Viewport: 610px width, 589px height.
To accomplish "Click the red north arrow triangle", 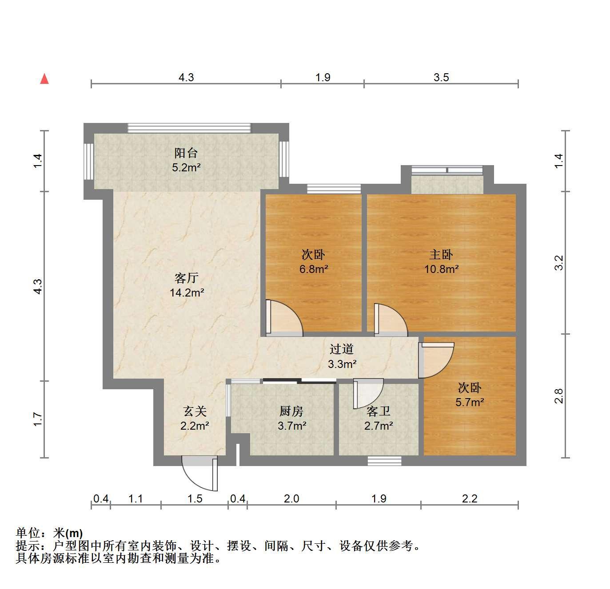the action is pyautogui.click(x=44, y=79).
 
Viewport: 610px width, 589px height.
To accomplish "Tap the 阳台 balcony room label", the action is pyautogui.click(x=186, y=153).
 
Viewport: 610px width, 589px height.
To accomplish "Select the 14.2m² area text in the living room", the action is pyautogui.click(x=187, y=293).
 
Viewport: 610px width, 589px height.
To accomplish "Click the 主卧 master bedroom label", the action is pyautogui.click(x=441, y=254).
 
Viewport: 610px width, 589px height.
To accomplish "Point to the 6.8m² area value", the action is pyautogui.click(x=314, y=269).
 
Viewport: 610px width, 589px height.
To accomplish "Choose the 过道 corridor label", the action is pyautogui.click(x=342, y=349).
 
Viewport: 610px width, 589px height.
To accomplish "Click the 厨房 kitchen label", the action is pyautogui.click(x=291, y=411).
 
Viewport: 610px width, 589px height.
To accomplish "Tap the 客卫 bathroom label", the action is pyautogui.click(x=379, y=411).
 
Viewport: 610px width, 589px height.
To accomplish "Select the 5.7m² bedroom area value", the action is pyautogui.click(x=470, y=402).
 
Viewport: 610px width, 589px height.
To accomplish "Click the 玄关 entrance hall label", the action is pyautogui.click(x=195, y=411).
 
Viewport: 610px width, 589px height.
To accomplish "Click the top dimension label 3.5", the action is pyautogui.click(x=441, y=77).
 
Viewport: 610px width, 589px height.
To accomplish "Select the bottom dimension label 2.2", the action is pyautogui.click(x=470, y=499).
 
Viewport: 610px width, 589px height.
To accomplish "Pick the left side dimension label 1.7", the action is pyautogui.click(x=38, y=419).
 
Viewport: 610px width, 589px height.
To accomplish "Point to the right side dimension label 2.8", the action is pyautogui.click(x=559, y=396).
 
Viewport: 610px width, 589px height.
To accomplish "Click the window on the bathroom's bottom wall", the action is pyautogui.click(x=384, y=461).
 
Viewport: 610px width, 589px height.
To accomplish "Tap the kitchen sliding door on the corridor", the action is pyautogui.click(x=299, y=381).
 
